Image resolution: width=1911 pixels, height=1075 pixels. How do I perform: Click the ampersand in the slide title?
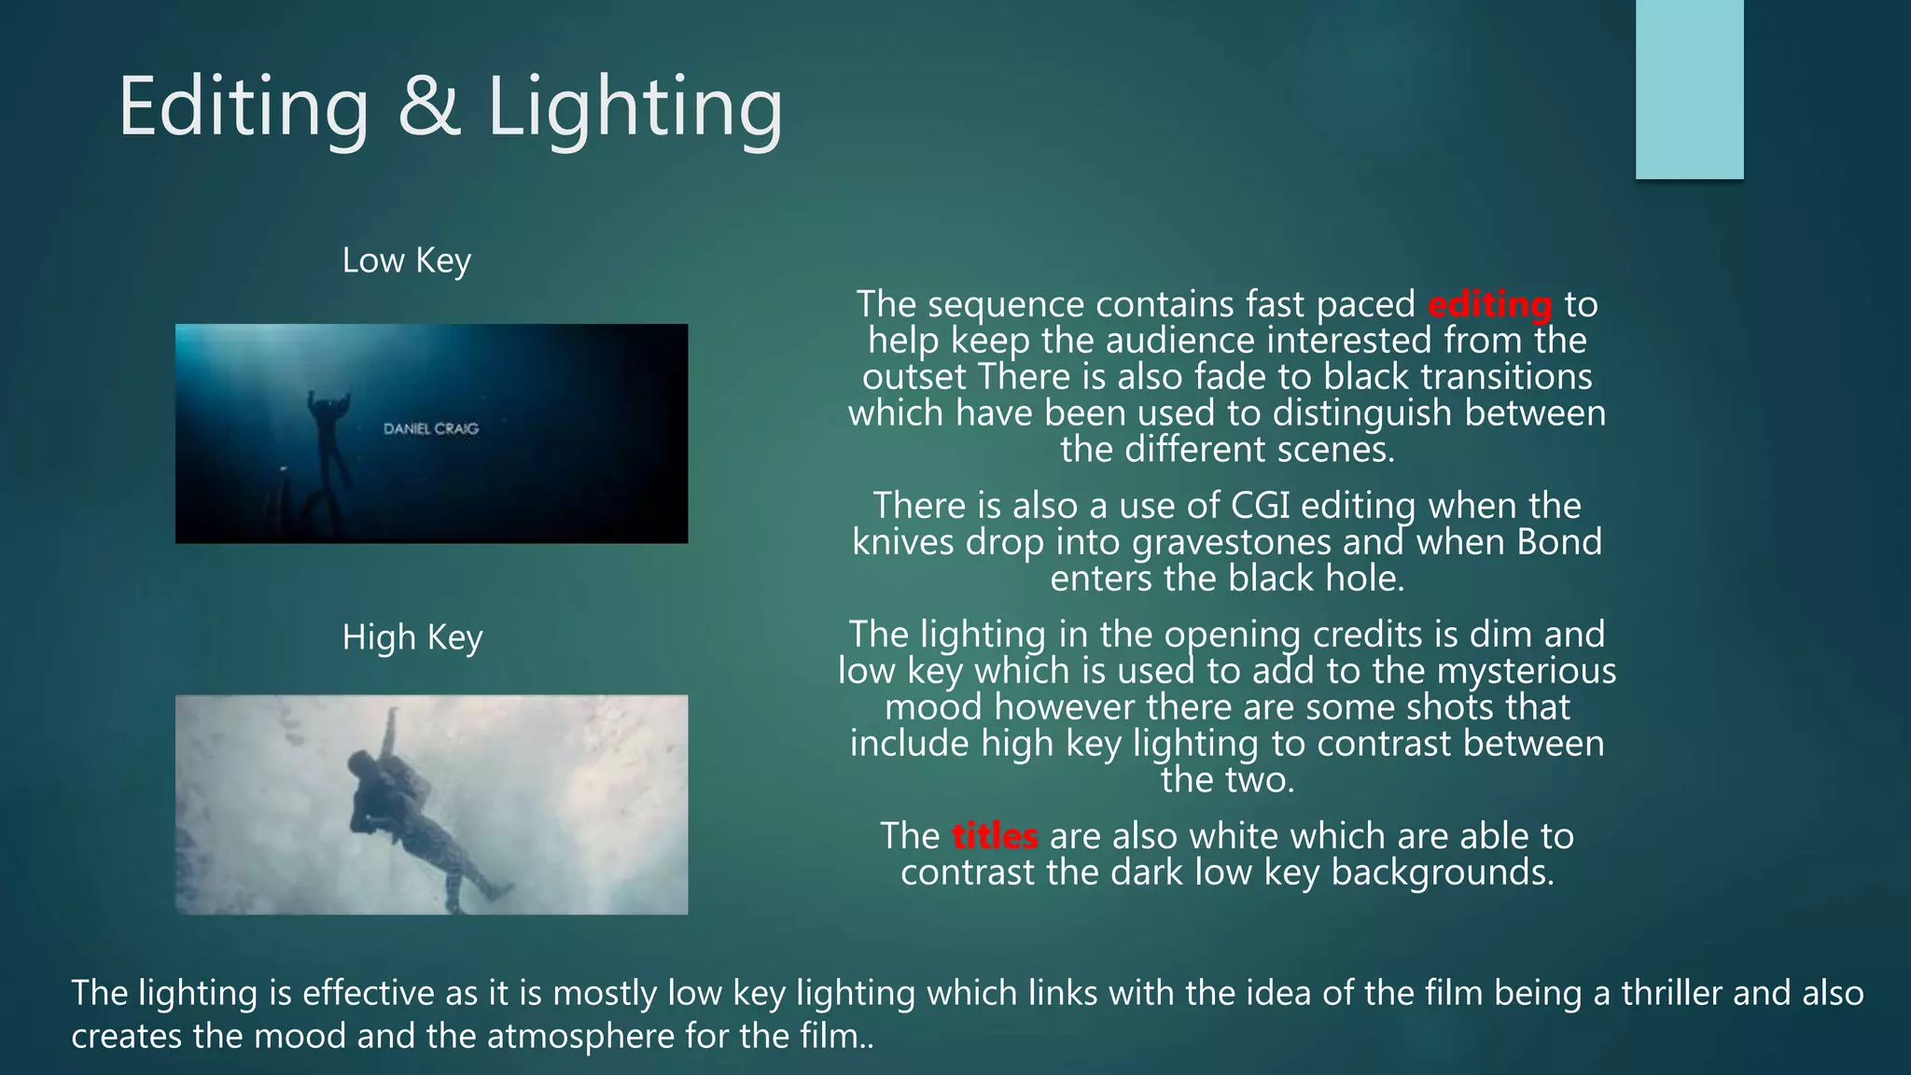coord(429,107)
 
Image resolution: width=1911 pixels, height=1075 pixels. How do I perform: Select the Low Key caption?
coord(406,260)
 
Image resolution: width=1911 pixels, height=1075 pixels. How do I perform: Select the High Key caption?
coord(411,637)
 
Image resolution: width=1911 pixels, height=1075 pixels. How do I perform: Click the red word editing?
coord(1489,305)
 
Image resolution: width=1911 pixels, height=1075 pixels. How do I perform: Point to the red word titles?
coord(995,836)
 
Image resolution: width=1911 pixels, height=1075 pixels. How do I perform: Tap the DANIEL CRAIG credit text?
coord(431,428)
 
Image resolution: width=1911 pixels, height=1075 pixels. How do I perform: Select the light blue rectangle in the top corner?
coord(1689,90)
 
